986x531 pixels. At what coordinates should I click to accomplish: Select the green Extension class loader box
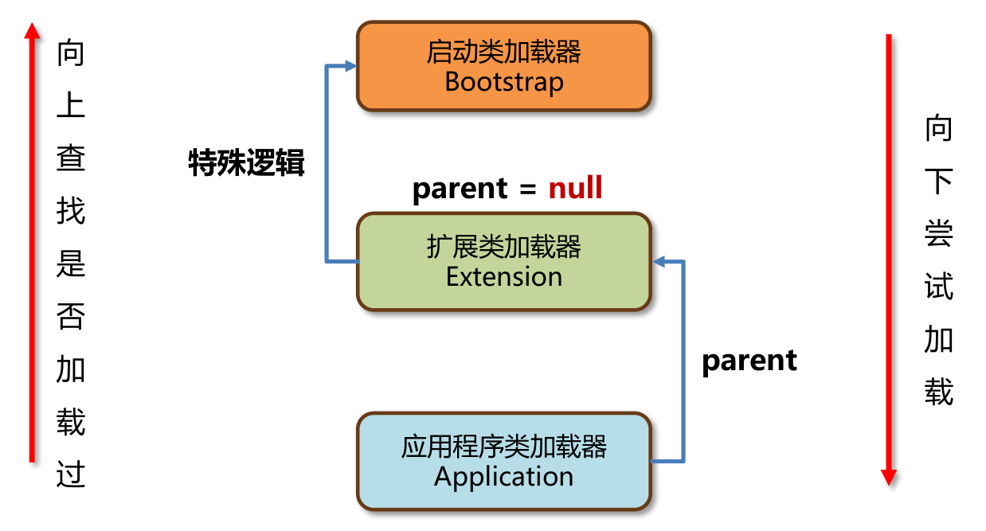tap(503, 261)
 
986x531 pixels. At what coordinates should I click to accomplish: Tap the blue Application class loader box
tap(503, 461)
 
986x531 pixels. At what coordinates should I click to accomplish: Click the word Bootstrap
tap(503, 82)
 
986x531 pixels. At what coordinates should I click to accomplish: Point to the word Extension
tap(503, 276)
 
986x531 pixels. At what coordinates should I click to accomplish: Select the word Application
tap(503, 476)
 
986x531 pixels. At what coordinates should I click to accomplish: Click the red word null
tap(575, 188)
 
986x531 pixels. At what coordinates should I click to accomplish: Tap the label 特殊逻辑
tap(246, 162)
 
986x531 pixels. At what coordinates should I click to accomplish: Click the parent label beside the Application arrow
tap(749, 361)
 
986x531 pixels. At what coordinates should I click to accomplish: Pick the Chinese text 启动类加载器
tap(503, 53)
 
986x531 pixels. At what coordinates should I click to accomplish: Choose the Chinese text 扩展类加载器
tap(503, 247)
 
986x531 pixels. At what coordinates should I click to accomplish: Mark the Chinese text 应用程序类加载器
tap(503, 447)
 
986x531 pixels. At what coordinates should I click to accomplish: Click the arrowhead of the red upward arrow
tap(32, 31)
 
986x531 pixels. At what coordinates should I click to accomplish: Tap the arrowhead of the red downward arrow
tap(889, 476)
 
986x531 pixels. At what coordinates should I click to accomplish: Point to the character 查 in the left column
tap(71, 158)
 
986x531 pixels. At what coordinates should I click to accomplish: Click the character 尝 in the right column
tap(938, 233)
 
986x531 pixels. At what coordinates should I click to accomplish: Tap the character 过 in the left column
tap(71, 475)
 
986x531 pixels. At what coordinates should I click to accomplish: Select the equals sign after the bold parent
tap(527, 189)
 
